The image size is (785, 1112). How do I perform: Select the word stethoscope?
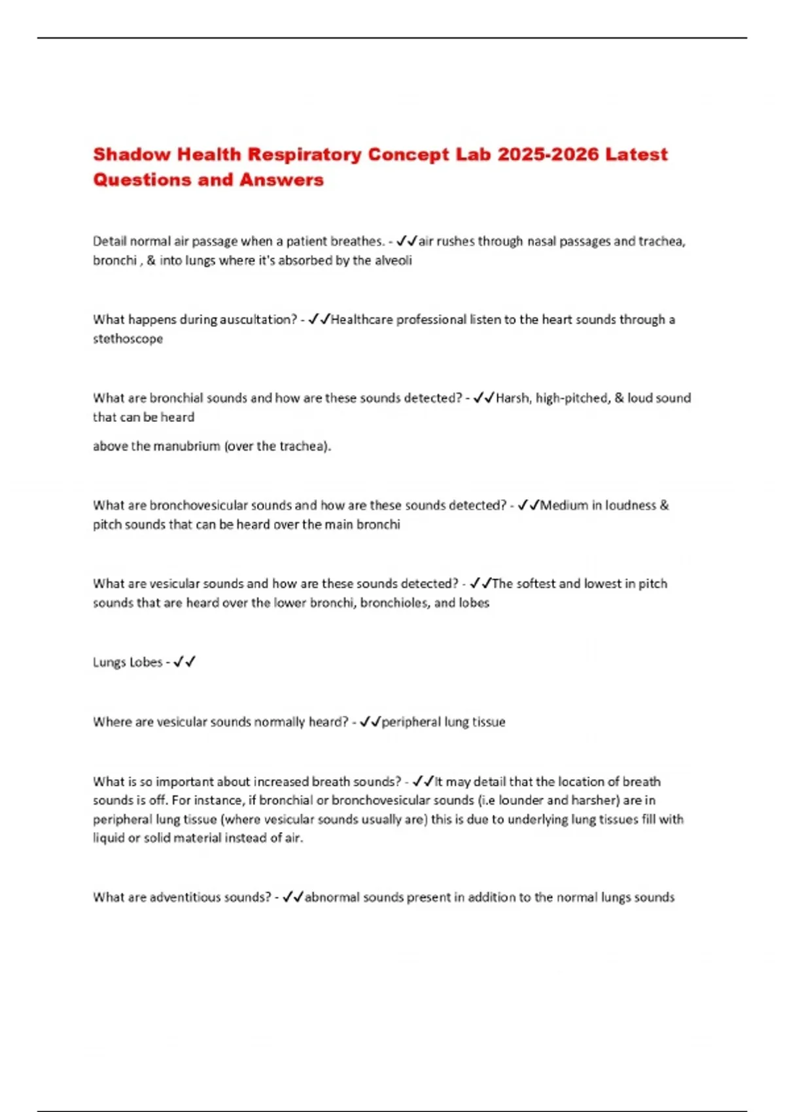128,339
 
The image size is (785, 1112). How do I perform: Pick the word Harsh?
514,398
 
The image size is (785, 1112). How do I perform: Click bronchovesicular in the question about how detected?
198,506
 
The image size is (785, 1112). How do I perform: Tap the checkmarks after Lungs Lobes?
184,662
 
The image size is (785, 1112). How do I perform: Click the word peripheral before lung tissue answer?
411,722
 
